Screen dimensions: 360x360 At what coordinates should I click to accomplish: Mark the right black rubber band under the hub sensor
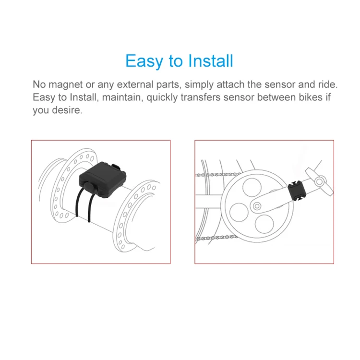90,208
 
